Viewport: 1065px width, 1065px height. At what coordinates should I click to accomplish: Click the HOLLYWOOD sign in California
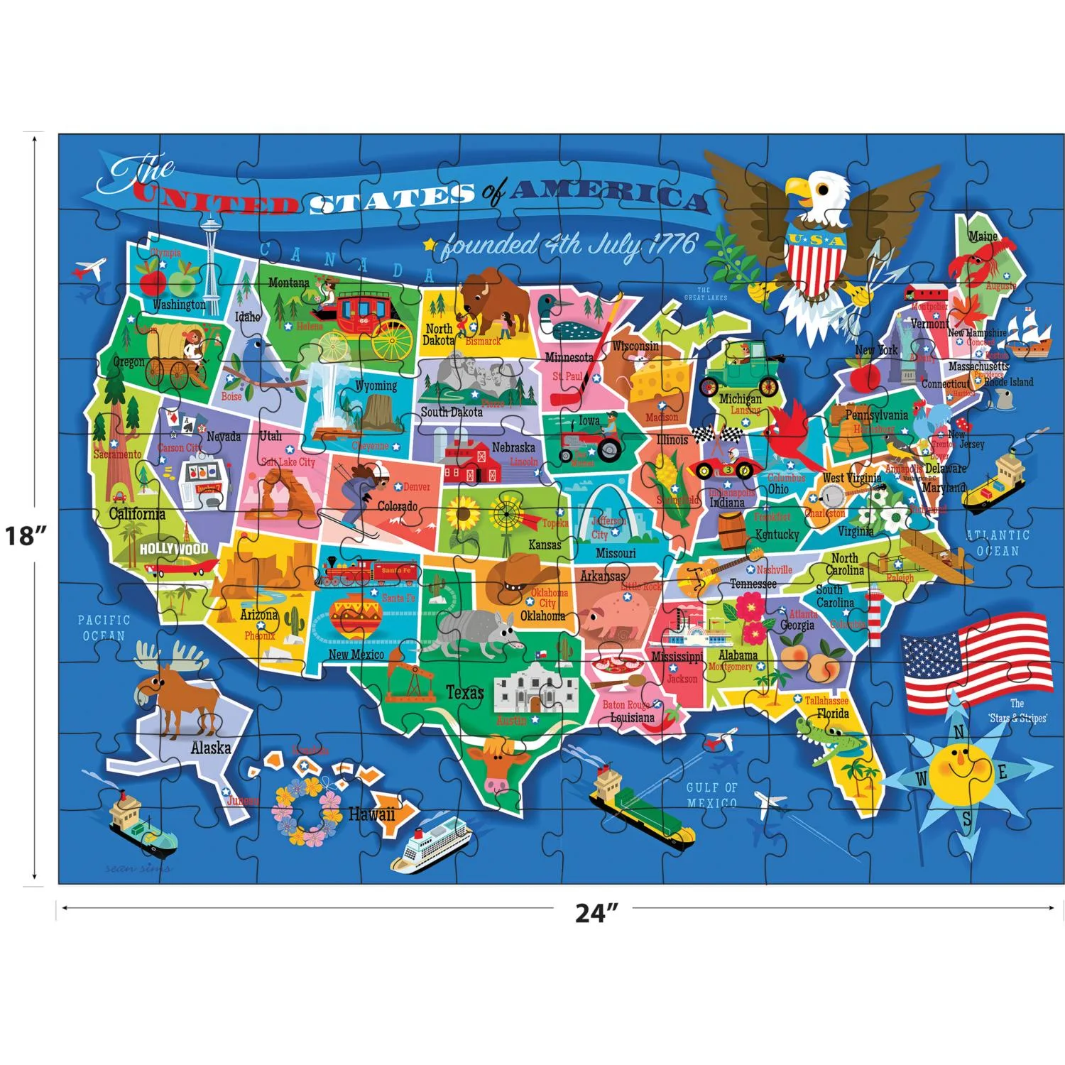174,549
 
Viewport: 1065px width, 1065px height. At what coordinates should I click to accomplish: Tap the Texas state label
464,692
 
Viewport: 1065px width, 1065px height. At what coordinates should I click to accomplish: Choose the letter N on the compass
958,732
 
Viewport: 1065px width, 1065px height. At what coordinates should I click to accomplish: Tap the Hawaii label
371,814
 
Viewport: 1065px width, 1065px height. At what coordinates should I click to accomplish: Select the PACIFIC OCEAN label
104,628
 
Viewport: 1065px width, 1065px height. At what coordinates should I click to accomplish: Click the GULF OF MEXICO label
711,795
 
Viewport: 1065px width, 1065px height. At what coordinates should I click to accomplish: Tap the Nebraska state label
513,448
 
